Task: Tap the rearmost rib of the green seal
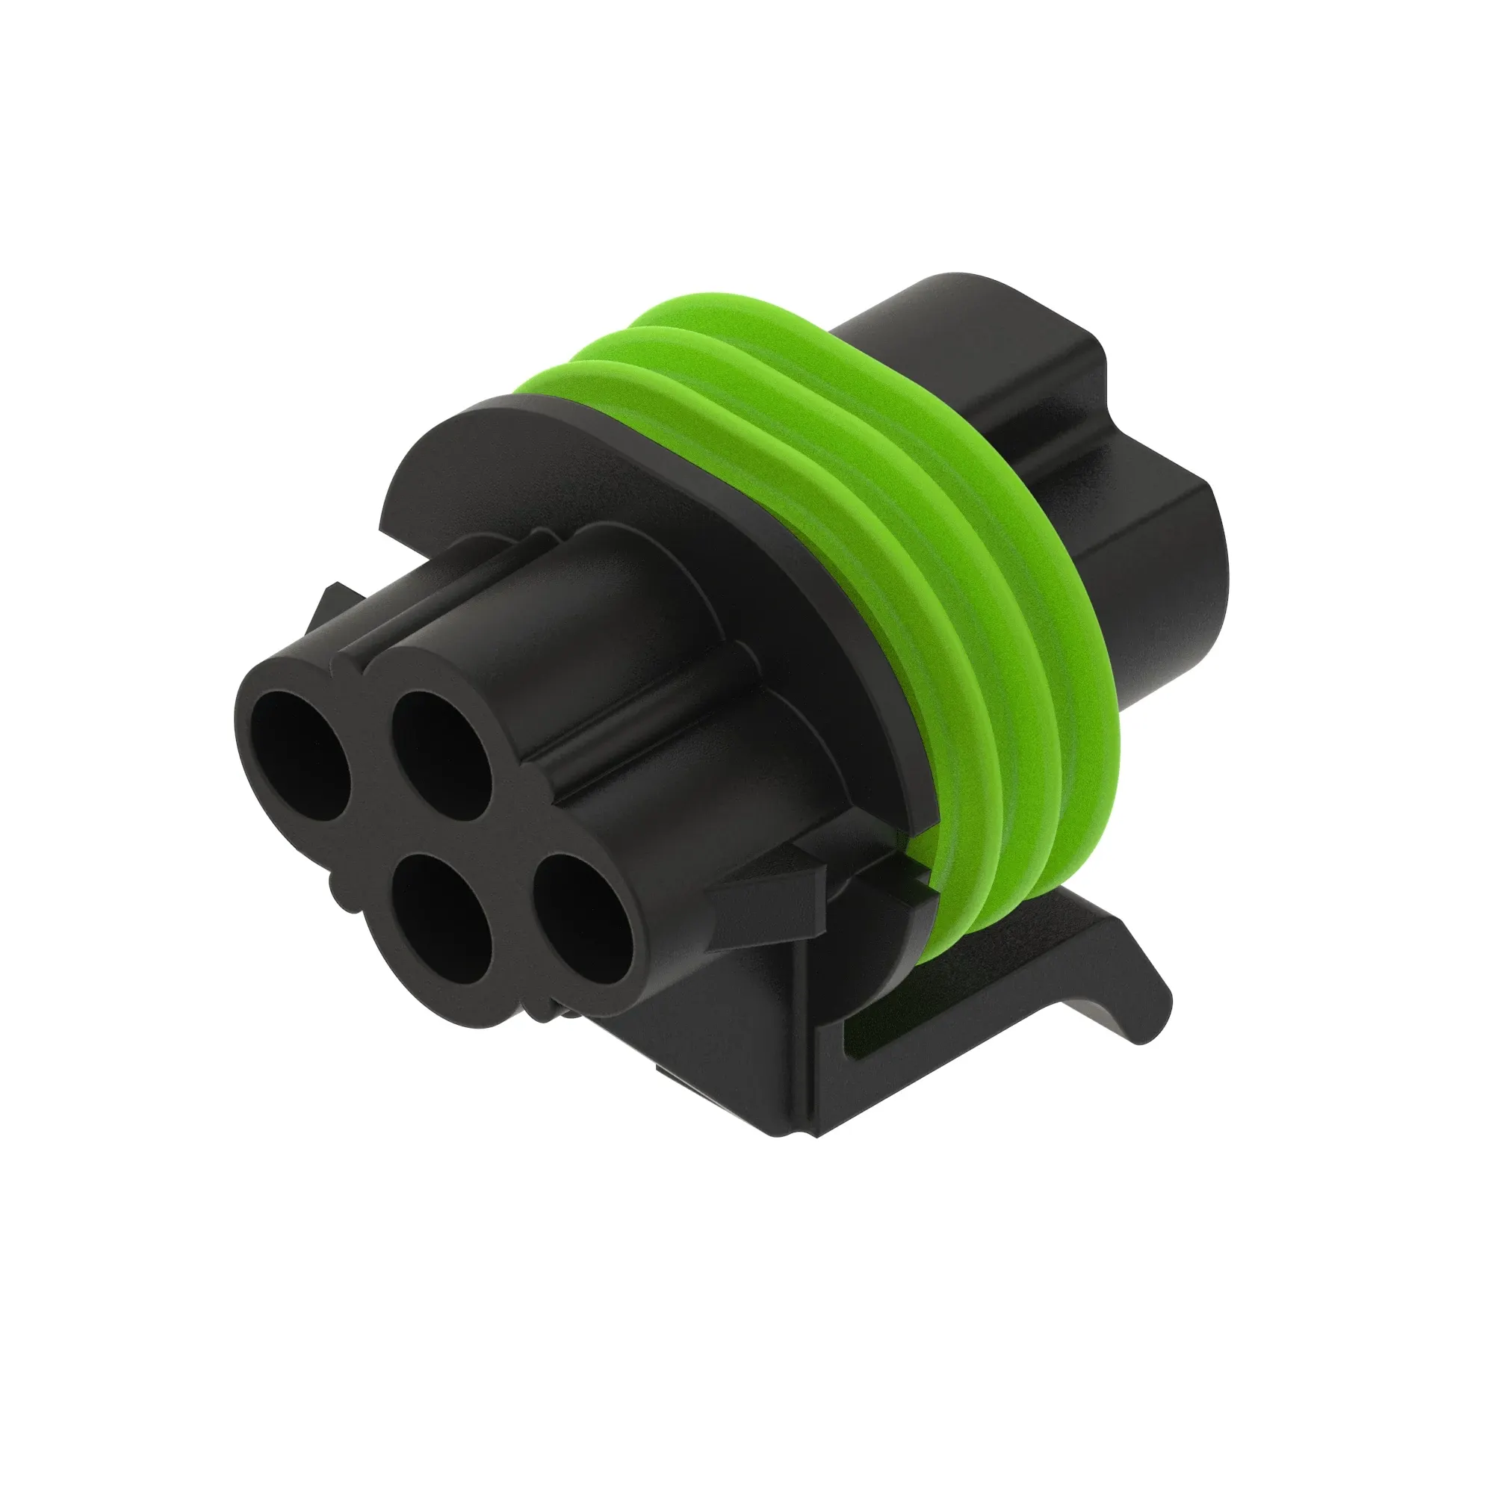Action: [1075, 588]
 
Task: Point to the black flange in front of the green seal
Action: [619, 480]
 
